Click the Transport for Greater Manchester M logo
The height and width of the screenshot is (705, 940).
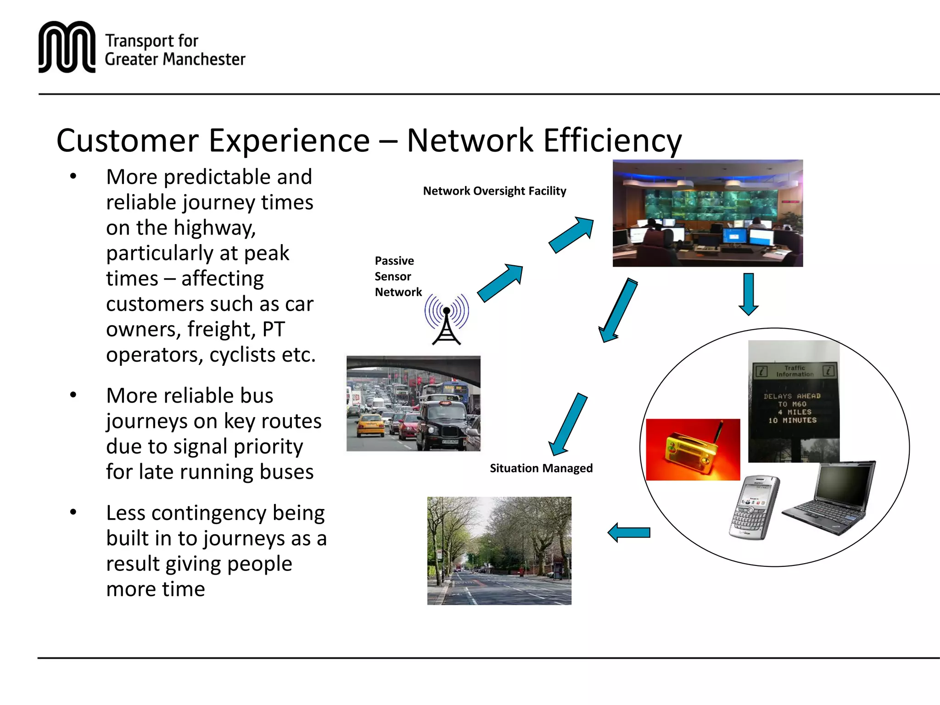click(x=67, y=47)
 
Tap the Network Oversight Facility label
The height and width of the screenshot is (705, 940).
click(x=494, y=191)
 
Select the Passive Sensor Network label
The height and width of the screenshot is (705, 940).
click(x=397, y=276)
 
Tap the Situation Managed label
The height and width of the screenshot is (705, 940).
click(x=541, y=469)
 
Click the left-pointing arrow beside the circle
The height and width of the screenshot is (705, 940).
click(x=628, y=533)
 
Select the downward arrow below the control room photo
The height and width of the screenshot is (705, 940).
click(x=749, y=294)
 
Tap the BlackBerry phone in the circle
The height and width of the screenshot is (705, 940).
click(x=754, y=508)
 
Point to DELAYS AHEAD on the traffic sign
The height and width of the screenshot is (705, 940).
click(x=792, y=396)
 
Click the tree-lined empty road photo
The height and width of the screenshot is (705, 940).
click(x=499, y=551)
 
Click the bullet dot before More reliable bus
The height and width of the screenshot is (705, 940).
click(x=73, y=395)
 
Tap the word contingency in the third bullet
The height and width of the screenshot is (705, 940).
click(x=209, y=513)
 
